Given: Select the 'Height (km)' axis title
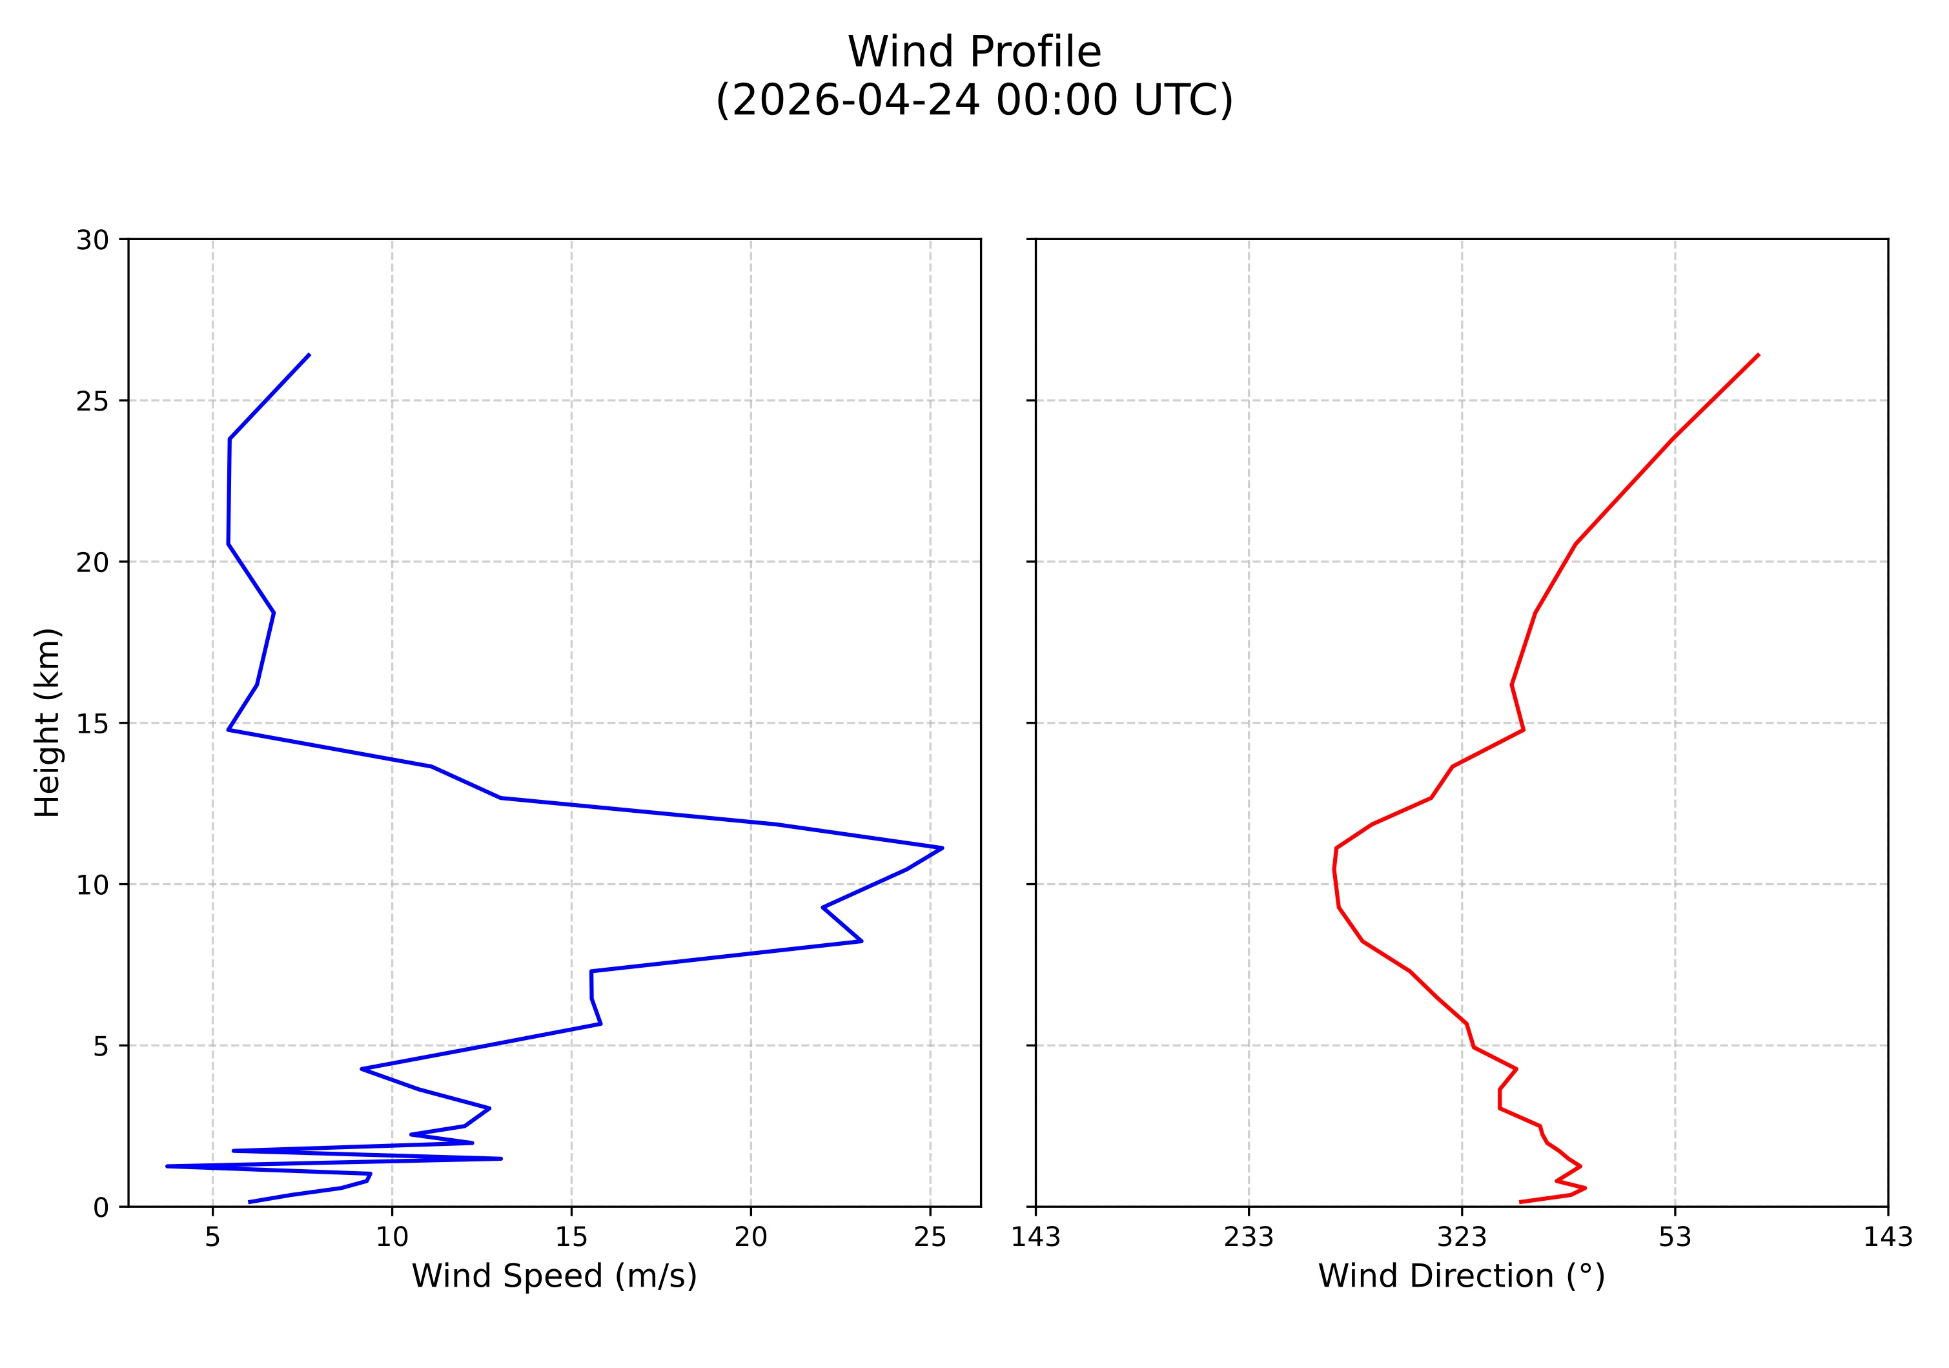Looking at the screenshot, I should (x=48, y=722).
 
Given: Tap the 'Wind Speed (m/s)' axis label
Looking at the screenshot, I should (x=555, y=1276).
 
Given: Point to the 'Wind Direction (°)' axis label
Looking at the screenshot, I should (x=1461, y=1276).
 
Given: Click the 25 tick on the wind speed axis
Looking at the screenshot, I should (x=930, y=1238).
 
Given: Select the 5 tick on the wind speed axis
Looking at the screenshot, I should (x=212, y=1238).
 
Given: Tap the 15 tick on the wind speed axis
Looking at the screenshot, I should (x=571, y=1238).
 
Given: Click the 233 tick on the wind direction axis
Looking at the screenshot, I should (x=1248, y=1238).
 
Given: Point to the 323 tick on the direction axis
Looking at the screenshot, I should (x=1461, y=1238).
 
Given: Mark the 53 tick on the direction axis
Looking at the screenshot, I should (x=1674, y=1238).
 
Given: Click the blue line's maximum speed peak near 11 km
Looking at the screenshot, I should (x=943, y=848).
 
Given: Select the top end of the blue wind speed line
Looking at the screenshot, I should (x=309, y=354).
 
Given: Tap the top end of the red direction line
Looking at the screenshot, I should (x=1758, y=354).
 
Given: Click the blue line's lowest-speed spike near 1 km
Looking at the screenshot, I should (x=167, y=1166).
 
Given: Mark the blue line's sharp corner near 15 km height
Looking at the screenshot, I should (x=229, y=730).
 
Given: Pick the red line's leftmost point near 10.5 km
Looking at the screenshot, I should (x=1334, y=869).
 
